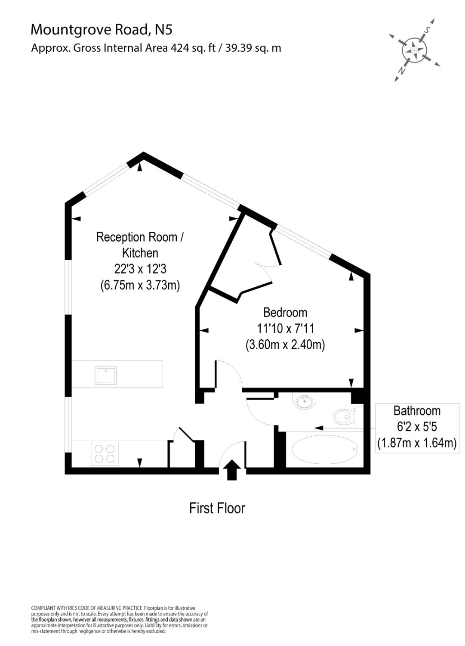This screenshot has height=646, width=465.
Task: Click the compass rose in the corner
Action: pyautogui.click(x=414, y=51)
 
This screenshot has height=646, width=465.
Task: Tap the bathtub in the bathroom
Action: pyautogui.click(x=324, y=450)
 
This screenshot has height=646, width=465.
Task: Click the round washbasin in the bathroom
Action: pyautogui.click(x=305, y=401)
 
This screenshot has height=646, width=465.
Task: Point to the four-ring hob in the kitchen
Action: pyautogui.click(x=105, y=453)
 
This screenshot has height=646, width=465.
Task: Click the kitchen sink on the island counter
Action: pyautogui.click(x=105, y=375)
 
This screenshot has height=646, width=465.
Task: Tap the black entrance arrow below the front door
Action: pyautogui.click(x=232, y=470)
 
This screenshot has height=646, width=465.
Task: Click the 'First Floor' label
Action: pyautogui.click(x=217, y=508)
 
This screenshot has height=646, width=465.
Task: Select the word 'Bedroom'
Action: pyautogui.click(x=285, y=312)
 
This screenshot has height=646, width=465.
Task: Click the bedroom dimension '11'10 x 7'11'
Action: pyautogui.click(x=285, y=329)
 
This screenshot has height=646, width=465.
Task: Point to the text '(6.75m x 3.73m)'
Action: pyautogui.click(x=140, y=285)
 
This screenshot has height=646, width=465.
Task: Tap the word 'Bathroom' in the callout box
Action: pyautogui.click(x=417, y=411)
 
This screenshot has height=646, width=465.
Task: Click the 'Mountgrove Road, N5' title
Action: pyautogui.click(x=102, y=29)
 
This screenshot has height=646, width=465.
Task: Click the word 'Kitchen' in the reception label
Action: pyautogui.click(x=140, y=253)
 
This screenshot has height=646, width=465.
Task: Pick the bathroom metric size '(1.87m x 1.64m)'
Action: pyautogui.click(x=417, y=443)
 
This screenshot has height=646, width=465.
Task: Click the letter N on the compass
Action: pyautogui.click(x=401, y=71)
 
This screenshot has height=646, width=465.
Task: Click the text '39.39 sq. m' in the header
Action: pyautogui.click(x=253, y=48)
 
